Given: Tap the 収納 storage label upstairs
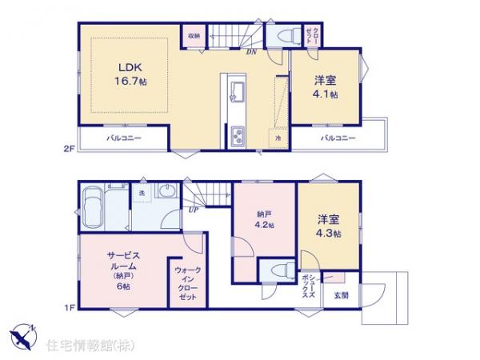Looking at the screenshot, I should (194, 36).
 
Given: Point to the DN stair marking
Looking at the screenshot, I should (250, 53).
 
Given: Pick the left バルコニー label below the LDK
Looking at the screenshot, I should (124, 138).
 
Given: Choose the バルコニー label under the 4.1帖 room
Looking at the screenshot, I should (338, 138).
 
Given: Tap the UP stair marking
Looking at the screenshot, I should (194, 210).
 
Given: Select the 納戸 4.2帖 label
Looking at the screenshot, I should (265, 221).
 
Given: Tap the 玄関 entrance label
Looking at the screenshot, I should (341, 296).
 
